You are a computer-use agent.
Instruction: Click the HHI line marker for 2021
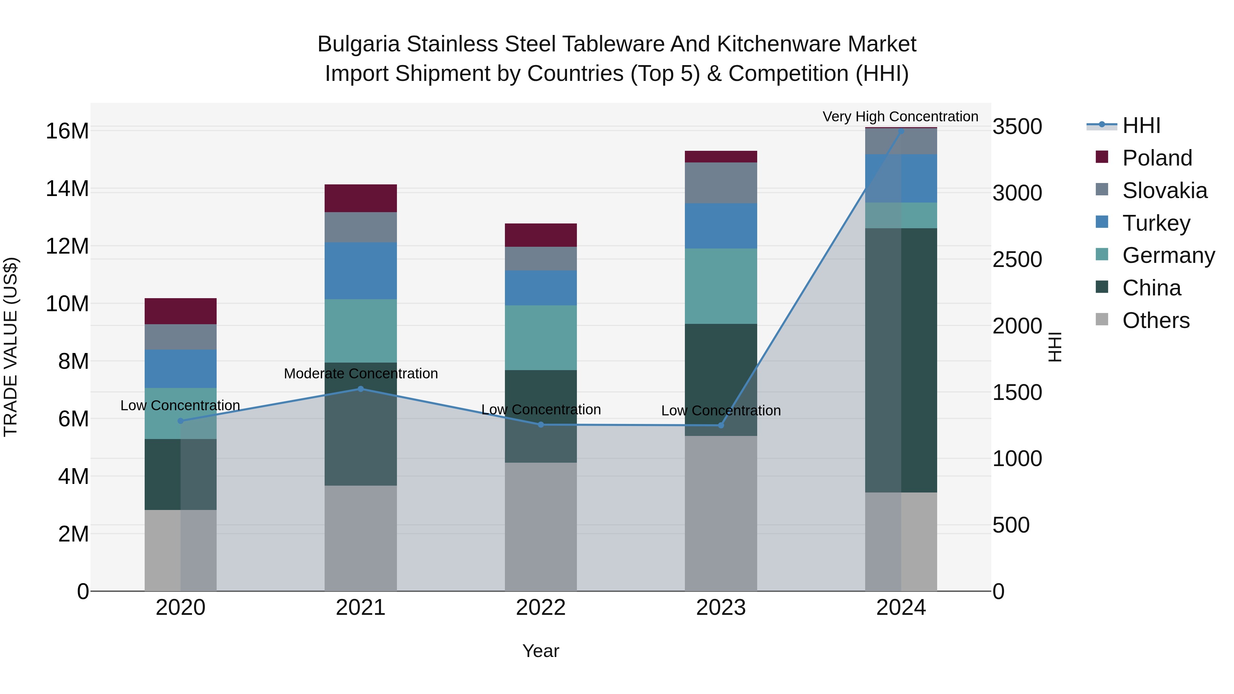pos(361,389)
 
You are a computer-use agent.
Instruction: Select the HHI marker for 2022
pos(541,424)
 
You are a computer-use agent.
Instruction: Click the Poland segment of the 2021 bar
pos(361,198)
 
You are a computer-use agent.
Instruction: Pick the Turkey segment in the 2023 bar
pos(721,226)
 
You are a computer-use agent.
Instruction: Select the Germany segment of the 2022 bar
pos(541,338)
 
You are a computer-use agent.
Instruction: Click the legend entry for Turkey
pos(1156,223)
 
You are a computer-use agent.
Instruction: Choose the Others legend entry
pos(1156,320)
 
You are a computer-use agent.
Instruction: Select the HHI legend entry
pos(1141,125)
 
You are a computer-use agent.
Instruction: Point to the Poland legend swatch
pos(1102,157)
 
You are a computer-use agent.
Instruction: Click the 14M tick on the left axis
pos(67,189)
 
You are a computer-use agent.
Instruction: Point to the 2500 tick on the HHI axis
pos(1017,259)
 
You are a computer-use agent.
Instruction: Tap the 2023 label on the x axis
pos(721,608)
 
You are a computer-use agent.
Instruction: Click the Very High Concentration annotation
pos(900,117)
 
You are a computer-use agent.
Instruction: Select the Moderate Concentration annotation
pos(361,374)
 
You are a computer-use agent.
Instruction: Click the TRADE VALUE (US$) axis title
pos(11,347)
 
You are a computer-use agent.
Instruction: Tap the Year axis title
pos(541,651)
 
